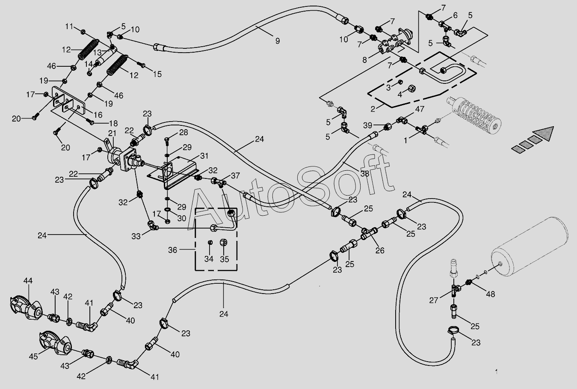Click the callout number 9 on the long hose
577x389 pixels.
(278, 41)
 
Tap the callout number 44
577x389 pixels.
(28, 281)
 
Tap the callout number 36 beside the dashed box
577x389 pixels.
(173, 250)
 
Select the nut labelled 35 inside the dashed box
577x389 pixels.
(223, 243)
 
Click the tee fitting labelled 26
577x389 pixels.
(369, 233)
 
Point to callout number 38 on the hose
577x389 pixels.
(364, 174)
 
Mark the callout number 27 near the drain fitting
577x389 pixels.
(434, 300)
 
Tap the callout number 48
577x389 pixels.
(491, 294)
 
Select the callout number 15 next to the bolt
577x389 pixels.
(157, 74)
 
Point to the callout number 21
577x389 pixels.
(112, 133)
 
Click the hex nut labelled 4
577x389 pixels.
(411, 89)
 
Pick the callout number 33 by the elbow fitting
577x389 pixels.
(136, 236)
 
